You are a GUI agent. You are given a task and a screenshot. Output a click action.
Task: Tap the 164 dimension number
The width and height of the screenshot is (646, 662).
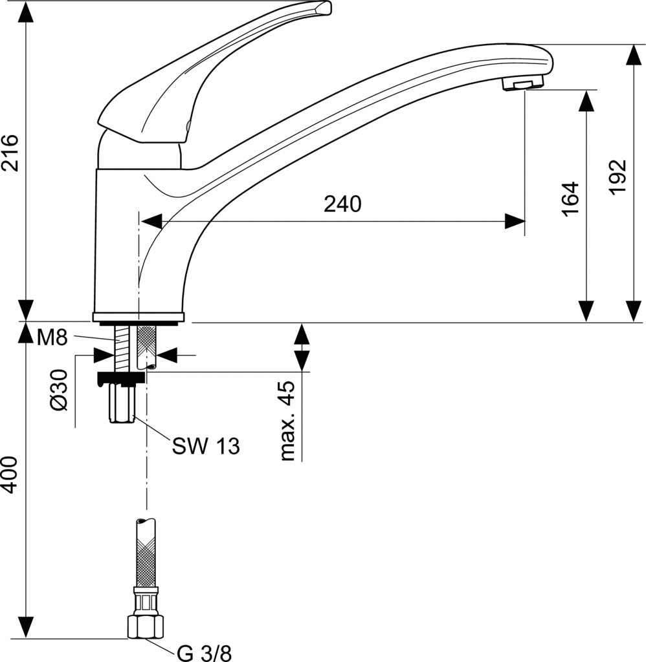(x=570, y=198)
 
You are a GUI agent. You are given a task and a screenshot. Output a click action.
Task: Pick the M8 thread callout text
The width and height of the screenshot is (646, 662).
(x=52, y=337)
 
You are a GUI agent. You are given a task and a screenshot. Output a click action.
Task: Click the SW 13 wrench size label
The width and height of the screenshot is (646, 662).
(x=206, y=445)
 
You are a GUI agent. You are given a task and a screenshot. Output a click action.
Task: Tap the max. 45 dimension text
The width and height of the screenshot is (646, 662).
(x=286, y=421)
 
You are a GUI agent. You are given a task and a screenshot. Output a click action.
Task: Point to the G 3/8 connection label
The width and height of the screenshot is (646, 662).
(x=204, y=653)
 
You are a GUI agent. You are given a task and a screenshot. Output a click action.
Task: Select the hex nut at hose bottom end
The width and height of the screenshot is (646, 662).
(x=146, y=626)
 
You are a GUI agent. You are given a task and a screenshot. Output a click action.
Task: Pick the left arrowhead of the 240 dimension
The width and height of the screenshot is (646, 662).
(x=150, y=221)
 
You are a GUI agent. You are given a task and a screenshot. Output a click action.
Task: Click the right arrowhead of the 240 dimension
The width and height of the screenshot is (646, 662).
(x=515, y=221)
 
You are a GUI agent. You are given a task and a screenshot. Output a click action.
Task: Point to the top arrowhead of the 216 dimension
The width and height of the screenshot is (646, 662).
(x=25, y=12)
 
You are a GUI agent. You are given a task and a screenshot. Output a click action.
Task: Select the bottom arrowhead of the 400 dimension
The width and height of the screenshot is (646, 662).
(x=25, y=627)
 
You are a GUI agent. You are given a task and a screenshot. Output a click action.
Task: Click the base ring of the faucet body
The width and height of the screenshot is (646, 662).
(x=139, y=317)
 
